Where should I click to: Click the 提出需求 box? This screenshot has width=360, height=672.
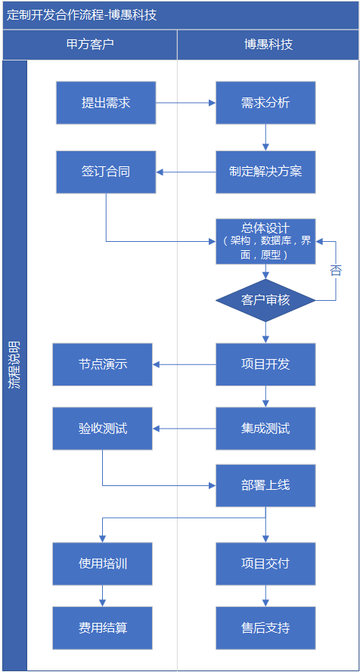[106, 103]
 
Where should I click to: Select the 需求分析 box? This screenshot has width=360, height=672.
[265, 103]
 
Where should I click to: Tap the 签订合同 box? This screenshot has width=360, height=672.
[106, 172]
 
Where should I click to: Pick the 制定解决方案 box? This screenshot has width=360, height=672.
[265, 172]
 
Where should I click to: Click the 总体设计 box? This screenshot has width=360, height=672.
[265, 241]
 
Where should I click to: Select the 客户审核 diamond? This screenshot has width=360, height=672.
[265, 300]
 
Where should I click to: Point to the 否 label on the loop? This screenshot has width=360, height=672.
[336, 270]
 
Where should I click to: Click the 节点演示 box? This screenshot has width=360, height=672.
[102, 364]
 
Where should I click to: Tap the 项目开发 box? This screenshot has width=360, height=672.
[265, 364]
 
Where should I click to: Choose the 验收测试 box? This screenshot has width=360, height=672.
[102, 429]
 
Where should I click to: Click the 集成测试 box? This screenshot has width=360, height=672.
[265, 429]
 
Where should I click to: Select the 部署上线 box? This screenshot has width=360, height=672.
[265, 485]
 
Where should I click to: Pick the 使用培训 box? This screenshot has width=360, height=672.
[102, 564]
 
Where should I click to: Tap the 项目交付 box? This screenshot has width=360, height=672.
[265, 564]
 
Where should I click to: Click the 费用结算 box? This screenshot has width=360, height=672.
[102, 628]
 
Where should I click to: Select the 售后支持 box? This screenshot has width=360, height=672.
[265, 628]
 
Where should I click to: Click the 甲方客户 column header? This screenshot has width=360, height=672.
[90, 45]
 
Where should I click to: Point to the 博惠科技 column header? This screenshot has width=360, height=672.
[268, 45]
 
